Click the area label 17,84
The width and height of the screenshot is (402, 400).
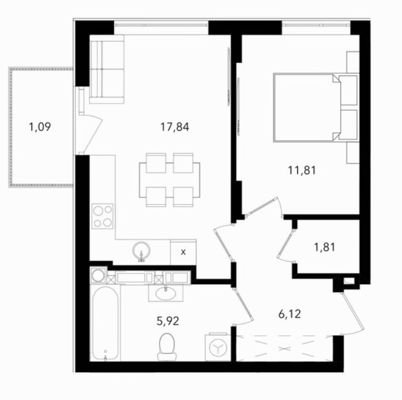174,127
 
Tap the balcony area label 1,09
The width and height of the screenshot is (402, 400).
40,127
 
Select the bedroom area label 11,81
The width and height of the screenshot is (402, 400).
302,170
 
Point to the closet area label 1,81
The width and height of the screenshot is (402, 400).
324,247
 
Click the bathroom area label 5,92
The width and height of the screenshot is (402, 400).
168,321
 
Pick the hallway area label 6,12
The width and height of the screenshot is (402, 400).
289,314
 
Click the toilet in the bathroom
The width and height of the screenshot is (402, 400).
167,346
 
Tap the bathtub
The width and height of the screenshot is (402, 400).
105,323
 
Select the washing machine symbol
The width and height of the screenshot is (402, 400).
218,347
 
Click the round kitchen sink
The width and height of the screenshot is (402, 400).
141,251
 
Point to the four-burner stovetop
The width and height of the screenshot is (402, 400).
102,216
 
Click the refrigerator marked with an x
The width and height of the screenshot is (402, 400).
183,252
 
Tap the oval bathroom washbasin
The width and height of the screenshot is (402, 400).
166,294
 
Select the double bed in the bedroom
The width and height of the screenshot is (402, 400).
316,107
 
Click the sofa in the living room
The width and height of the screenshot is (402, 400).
106,69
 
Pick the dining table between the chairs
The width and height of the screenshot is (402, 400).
169,180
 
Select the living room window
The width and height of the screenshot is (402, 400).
161,25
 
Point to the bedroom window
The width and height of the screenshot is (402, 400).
316,25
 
